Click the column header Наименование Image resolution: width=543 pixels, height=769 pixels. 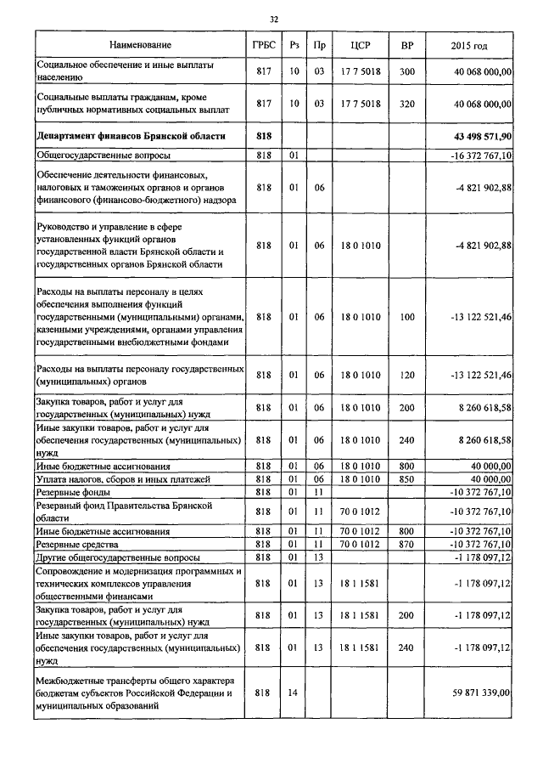coord(140,44)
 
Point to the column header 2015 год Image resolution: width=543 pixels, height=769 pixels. coord(469,44)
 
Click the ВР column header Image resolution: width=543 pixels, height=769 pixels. coord(406,44)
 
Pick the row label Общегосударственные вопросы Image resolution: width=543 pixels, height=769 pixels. coord(103,155)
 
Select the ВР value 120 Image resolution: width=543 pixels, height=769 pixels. coord(406,375)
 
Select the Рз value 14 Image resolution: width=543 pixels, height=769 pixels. coord(293,693)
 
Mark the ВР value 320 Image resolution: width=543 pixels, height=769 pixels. coord(406,104)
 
